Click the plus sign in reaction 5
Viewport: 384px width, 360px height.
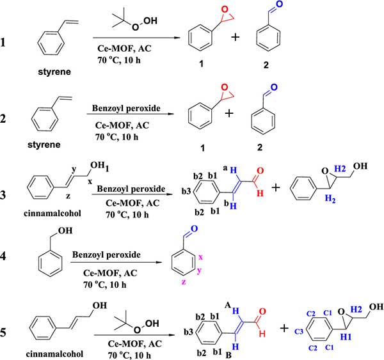(x=285, y=328)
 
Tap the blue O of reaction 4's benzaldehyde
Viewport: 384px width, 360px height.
(x=193, y=228)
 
